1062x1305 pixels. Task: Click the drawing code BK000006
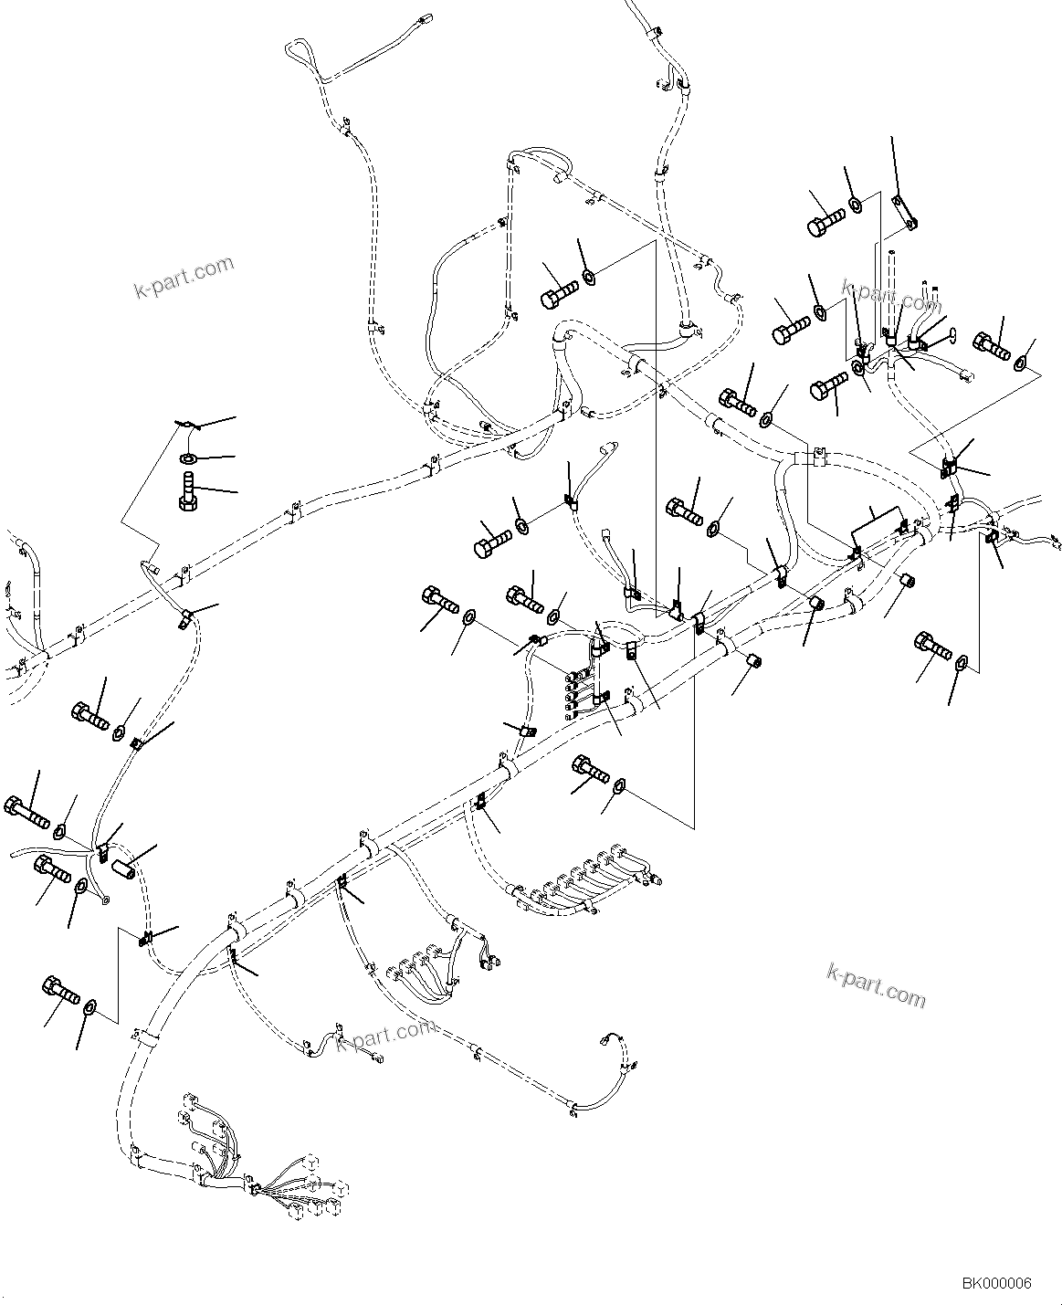pos(995,1283)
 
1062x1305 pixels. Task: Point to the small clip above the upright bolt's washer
pos(186,424)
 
